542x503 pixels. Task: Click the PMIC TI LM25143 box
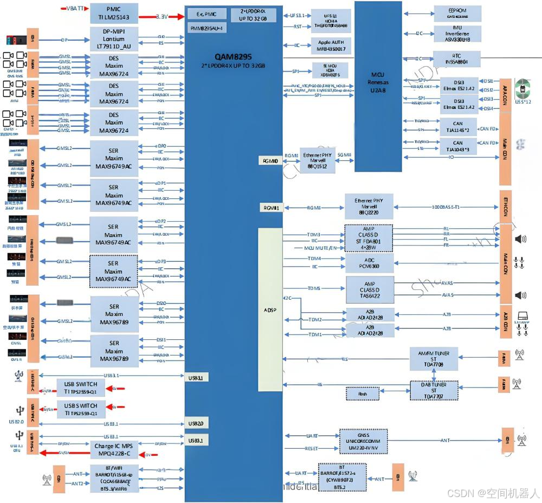point(113,13)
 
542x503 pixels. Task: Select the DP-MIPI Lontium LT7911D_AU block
point(113,39)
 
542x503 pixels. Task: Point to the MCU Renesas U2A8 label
point(378,82)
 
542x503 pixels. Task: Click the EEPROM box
point(457,13)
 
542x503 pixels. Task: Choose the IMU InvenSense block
point(457,32)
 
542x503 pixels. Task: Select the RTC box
point(457,59)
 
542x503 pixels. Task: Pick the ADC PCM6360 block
point(369,263)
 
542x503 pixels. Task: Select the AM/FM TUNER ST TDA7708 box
point(434,358)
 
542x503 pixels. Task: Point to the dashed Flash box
point(362,393)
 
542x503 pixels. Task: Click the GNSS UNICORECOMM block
point(363,441)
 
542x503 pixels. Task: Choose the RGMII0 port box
point(270,161)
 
